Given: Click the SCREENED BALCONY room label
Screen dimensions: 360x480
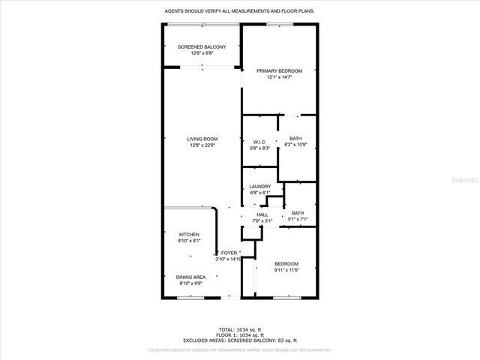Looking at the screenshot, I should point(202,46).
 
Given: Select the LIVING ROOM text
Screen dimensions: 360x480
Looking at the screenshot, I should point(202,139).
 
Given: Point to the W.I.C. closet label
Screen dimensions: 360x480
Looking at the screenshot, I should point(260,142).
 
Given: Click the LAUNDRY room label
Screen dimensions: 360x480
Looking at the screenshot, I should point(260,187).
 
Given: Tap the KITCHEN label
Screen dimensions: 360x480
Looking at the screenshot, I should point(189,235).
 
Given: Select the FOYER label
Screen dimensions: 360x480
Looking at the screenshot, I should point(228,253).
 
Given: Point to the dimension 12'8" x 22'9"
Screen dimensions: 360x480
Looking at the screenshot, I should point(202,145).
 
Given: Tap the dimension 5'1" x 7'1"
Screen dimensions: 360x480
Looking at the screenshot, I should point(298,218).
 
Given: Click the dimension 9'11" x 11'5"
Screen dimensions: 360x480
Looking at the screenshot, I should point(286,270).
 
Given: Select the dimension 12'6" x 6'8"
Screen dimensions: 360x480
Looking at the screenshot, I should point(202,52).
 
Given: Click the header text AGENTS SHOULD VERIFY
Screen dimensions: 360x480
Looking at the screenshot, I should point(239,11).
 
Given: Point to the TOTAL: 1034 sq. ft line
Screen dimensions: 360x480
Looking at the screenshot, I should point(240,329).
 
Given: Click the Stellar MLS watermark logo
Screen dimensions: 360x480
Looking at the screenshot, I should point(459,181).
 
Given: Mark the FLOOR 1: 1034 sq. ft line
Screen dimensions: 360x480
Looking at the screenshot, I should point(240,334).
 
